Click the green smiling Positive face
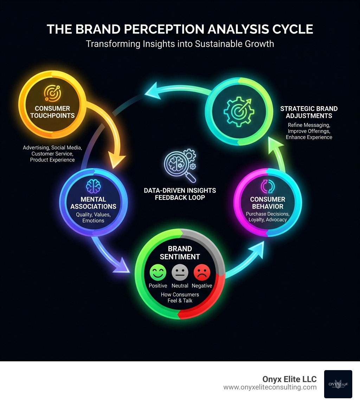pyautogui.click(x=158, y=272)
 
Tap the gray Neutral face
pyautogui.click(x=180, y=272)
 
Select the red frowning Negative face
pyautogui.click(x=202, y=272)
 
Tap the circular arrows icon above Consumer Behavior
pyautogui.click(x=268, y=186)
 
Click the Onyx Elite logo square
pyautogui.click(x=338, y=384)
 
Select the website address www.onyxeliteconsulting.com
pyautogui.click(x=270, y=387)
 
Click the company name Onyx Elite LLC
pyautogui.click(x=289, y=379)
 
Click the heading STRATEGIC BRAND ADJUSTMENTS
pyautogui.click(x=309, y=112)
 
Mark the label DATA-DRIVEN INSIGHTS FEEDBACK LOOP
pyautogui.click(x=180, y=194)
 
